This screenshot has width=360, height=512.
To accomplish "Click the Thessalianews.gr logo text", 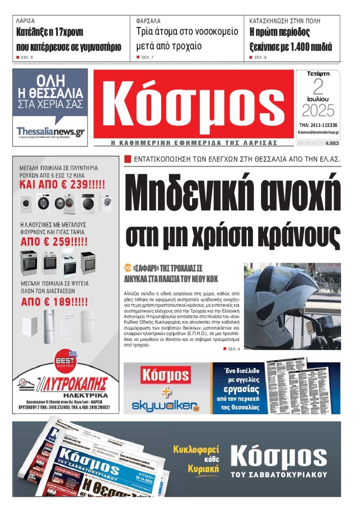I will (50, 131).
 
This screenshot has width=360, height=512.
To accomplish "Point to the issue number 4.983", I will (332, 143).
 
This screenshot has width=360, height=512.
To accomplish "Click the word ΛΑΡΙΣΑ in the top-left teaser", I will (25, 21).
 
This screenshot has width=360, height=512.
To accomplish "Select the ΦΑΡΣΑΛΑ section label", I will (148, 21).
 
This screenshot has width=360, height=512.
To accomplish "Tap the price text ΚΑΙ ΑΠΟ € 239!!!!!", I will (62, 185).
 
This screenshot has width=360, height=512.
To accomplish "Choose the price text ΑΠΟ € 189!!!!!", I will (54, 301).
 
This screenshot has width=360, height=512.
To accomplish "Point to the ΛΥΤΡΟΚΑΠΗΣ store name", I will (74, 384).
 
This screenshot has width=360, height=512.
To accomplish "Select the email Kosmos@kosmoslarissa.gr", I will (318, 133).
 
